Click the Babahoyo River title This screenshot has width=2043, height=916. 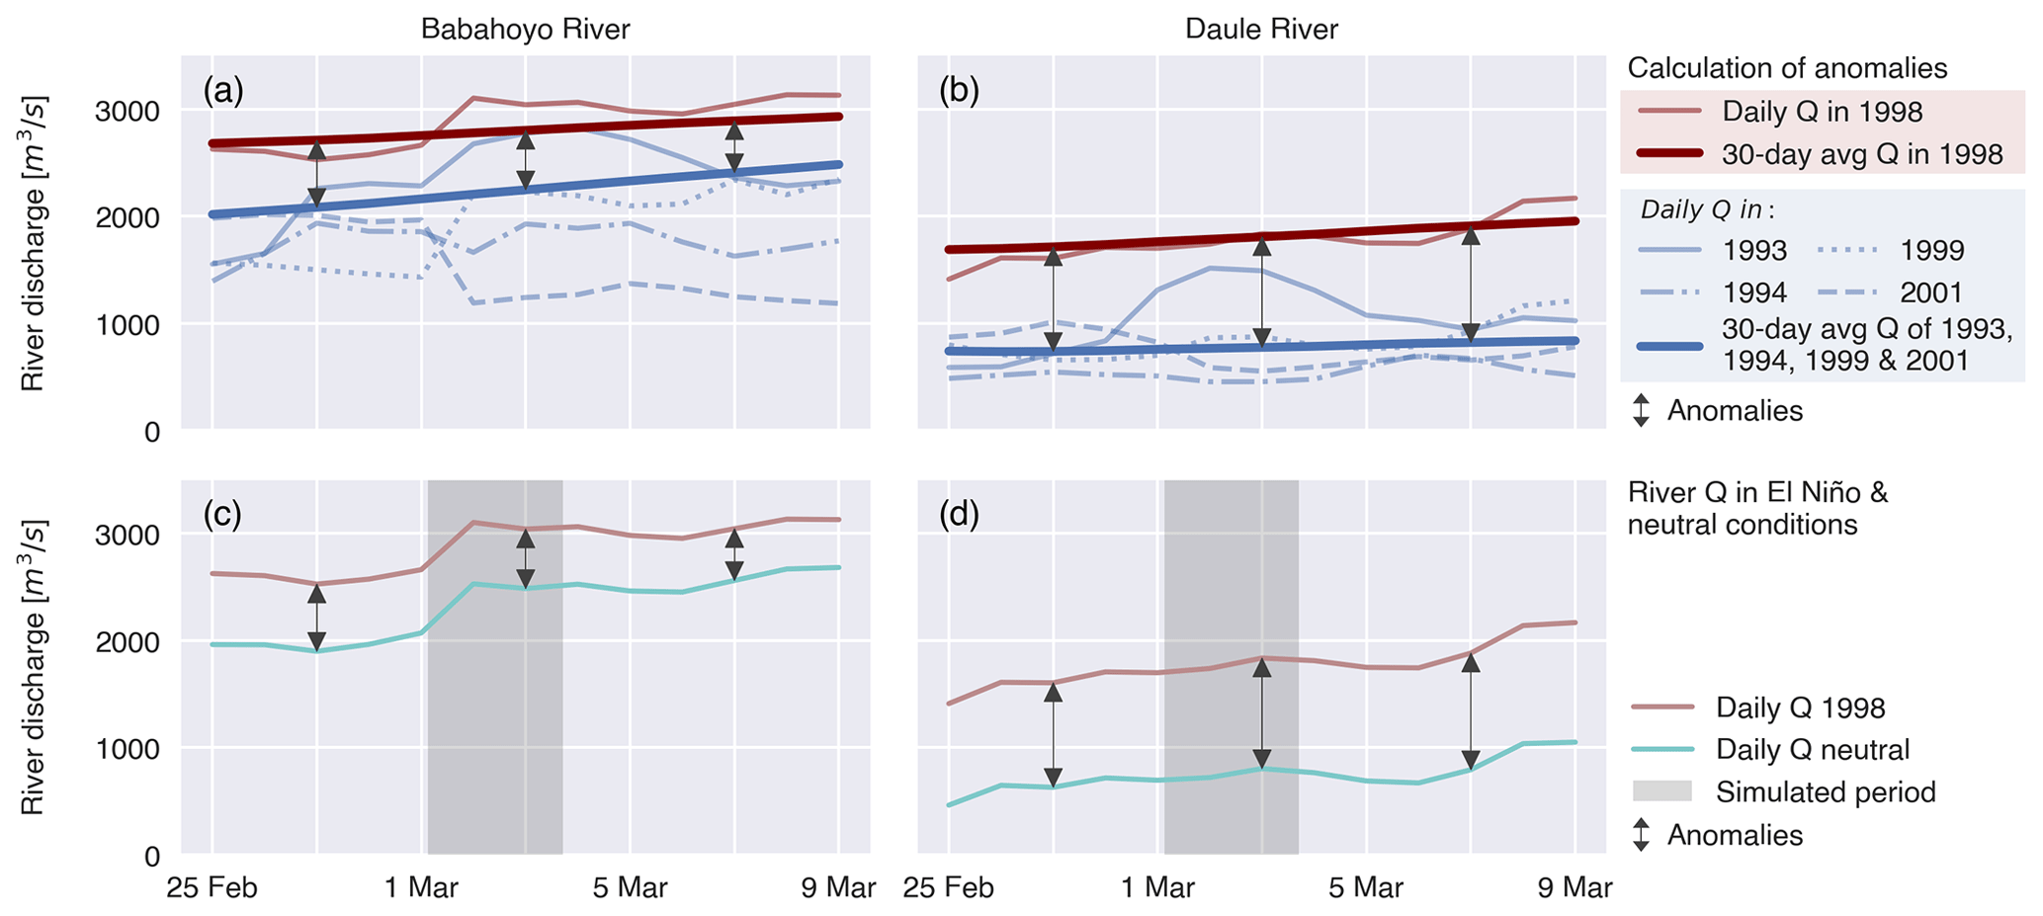pos(525,30)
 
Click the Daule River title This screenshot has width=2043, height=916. pos(1261,30)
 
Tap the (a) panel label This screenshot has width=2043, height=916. pos(222,91)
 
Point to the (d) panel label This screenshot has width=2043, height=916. pos(959,515)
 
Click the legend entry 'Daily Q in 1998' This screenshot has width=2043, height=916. pos(1823,112)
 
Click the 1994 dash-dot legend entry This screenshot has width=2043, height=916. pos(1754,292)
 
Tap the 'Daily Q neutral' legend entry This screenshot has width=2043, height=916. pos(1813,750)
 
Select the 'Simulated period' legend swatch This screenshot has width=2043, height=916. pos(1662,791)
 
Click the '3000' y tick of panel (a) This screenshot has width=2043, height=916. pos(128,111)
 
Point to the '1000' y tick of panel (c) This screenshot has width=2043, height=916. pos(128,749)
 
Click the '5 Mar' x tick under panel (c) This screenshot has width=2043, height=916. pos(630,888)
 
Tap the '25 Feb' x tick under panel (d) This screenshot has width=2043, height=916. pos(949,888)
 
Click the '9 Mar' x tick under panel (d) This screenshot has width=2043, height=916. pos(1575,888)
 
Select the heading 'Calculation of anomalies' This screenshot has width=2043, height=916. pos(1787,68)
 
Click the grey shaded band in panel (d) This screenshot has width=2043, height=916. pos(1231,593)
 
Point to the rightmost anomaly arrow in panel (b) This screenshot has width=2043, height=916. pos(1471,285)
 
